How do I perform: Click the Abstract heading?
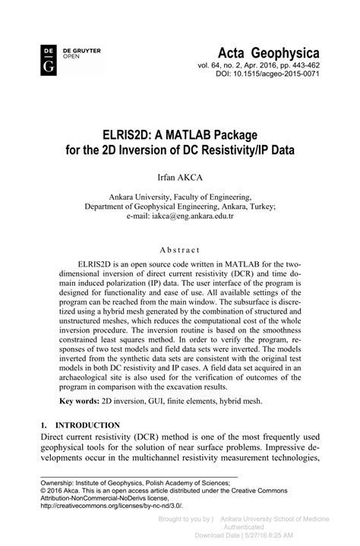pyautogui.click(x=180, y=250)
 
